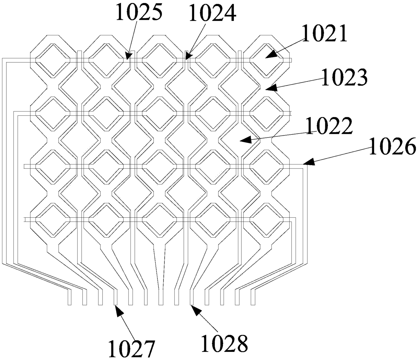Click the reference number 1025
pyautogui.click(x=139, y=12)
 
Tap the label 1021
pyautogui.click(x=324, y=34)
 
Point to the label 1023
pyautogui.click(x=344, y=78)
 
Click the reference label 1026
pyautogui.click(x=392, y=147)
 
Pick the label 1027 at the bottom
pyautogui.click(x=131, y=348)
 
